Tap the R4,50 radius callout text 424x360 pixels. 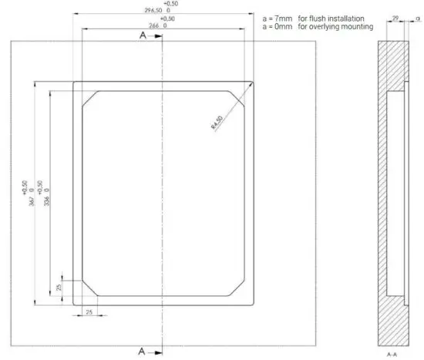click(x=220, y=122)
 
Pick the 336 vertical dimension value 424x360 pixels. click(x=47, y=193)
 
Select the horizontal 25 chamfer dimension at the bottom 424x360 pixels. click(x=89, y=312)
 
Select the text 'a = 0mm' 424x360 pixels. click(x=275, y=27)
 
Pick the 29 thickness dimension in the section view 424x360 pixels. click(x=395, y=17)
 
